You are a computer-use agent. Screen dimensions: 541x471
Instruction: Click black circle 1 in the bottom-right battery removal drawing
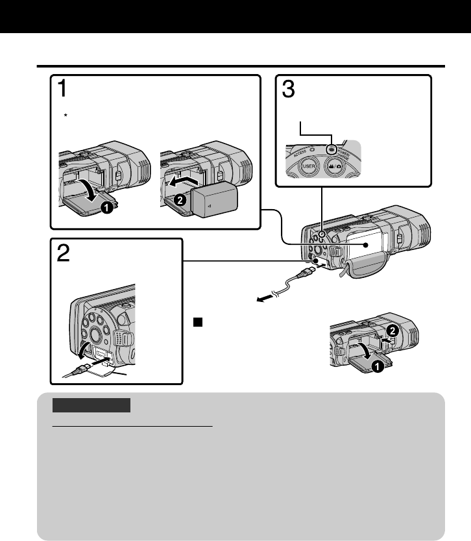tap(375, 365)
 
